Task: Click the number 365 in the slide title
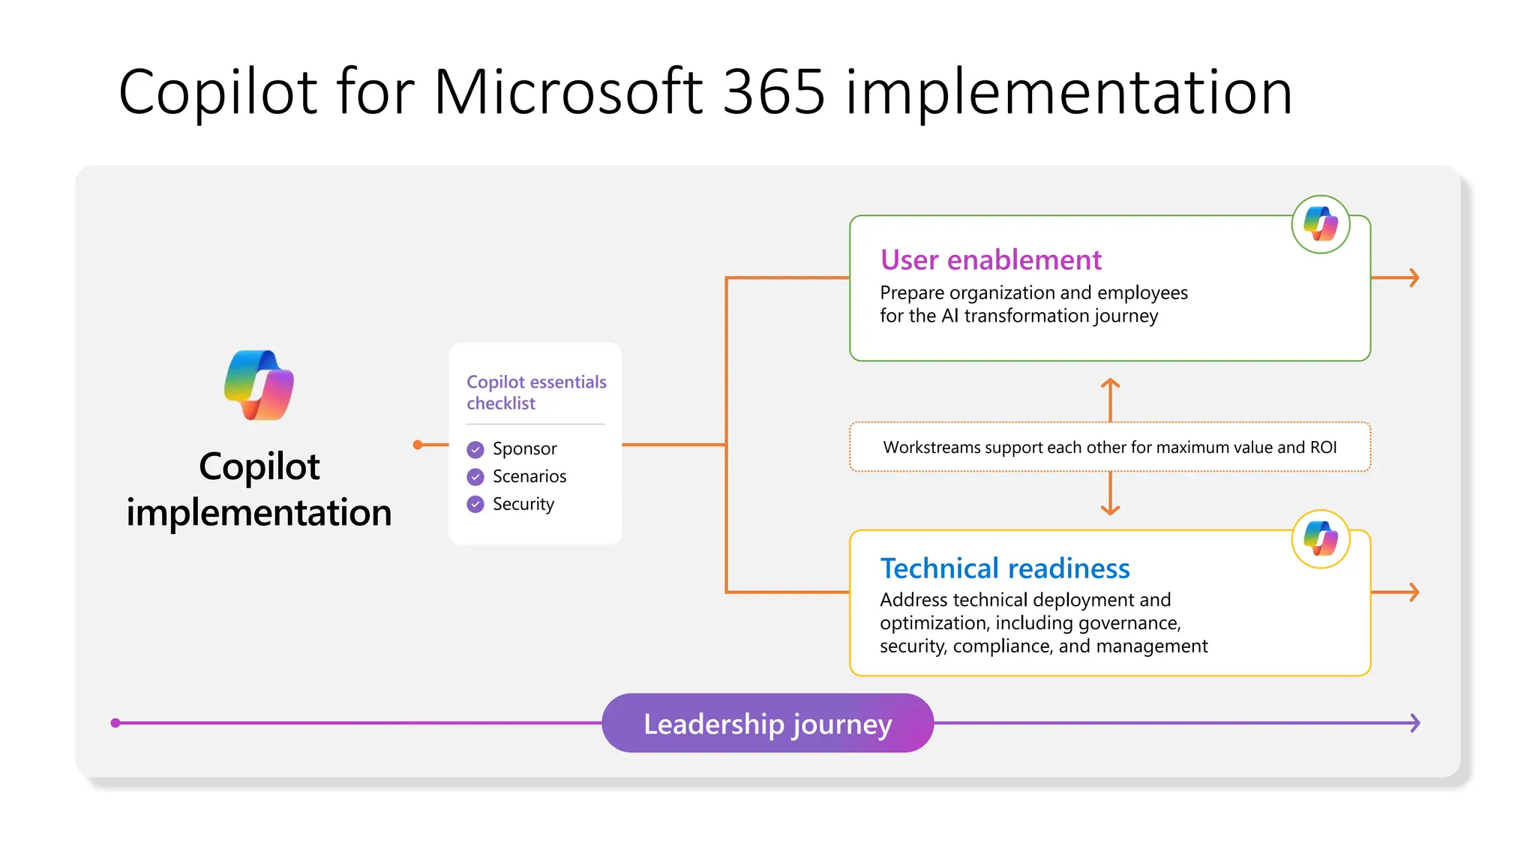(773, 91)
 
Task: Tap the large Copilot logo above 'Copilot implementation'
(259, 385)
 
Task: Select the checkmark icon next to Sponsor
(475, 449)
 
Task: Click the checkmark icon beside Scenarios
(475, 477)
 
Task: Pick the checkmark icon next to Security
(475, 505)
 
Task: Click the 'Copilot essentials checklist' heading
(535, 392)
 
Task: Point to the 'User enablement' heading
(990, 259)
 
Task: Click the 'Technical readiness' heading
(1004, 568)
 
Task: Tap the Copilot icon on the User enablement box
(1320, 224)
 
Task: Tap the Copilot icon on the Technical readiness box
(1320, 539)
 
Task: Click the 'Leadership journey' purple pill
(767, 723)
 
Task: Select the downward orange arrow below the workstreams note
(1110, 508)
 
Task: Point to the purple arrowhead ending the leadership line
(1414, 723)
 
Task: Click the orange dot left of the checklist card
(418, 445)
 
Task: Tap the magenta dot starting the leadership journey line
(115, 723)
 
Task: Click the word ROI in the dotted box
(1323, 448)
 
